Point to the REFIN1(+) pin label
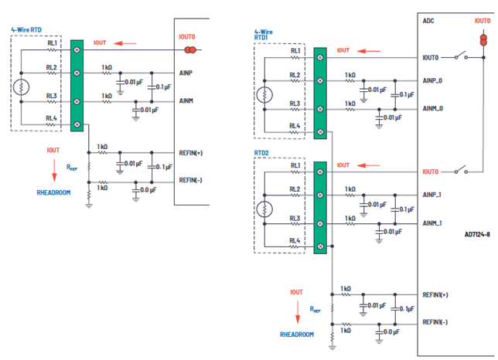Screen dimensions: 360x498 coord(438,294)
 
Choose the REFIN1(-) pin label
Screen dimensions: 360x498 coord(438,322)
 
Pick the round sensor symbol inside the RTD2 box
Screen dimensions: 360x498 coord(265,209)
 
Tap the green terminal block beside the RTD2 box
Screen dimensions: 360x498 coord(320,206)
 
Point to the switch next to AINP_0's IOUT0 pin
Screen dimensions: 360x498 coord(462,56)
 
